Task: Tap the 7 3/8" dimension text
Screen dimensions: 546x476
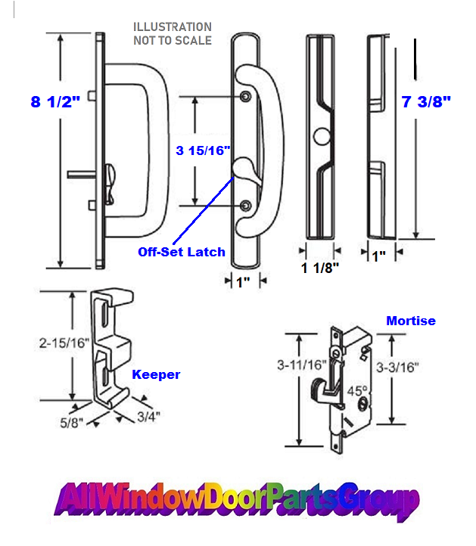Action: [425, 102]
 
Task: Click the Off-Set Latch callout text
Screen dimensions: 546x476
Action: [181, 252]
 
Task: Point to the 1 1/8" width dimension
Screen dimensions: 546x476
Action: [320, 267]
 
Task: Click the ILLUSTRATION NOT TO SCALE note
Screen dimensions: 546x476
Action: [172, 34]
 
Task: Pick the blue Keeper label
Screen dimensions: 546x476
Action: [156, 374]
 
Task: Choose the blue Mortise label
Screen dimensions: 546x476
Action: [410, 321]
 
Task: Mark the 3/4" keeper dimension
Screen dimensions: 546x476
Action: [148, 414]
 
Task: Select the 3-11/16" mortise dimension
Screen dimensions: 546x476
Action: [301, 365]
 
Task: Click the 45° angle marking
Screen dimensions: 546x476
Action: [356, 393]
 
